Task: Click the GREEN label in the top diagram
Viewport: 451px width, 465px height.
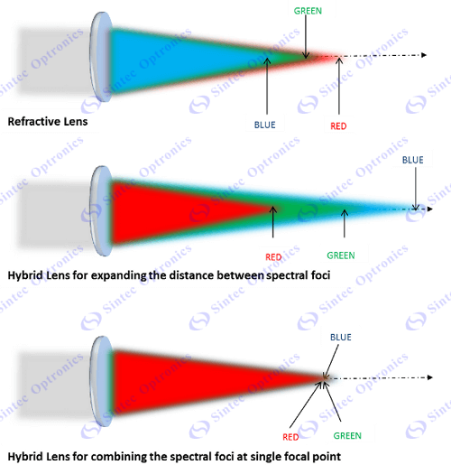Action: point(308,11)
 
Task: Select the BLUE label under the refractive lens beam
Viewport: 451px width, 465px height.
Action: point(264,125)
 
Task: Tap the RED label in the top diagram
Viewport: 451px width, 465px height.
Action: point(338,126)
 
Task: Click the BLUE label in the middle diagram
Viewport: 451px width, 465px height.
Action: point(412,160)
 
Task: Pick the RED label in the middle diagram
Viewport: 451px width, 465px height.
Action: point(273,257)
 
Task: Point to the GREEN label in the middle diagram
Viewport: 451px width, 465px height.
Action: point(341,256)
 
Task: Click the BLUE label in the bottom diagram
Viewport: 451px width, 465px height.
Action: point(341,337)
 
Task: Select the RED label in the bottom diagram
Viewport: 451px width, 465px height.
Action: point(290,437)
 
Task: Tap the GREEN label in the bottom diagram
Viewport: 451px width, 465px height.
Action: point(347,435)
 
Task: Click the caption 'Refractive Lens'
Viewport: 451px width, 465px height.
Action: point(48,122)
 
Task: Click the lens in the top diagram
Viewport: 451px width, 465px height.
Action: point(102,57)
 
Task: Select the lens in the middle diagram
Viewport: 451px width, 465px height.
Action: point(102,210)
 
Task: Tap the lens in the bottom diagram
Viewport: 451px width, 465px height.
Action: point(102,381)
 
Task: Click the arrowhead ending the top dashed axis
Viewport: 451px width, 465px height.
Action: point(424,55)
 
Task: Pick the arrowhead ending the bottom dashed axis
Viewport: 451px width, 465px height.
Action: point(430,377)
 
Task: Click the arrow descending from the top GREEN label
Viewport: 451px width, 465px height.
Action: point(306,36)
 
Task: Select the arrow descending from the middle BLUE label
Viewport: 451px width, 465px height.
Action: point(416,189)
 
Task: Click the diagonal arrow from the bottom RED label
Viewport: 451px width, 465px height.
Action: point(306,405)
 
